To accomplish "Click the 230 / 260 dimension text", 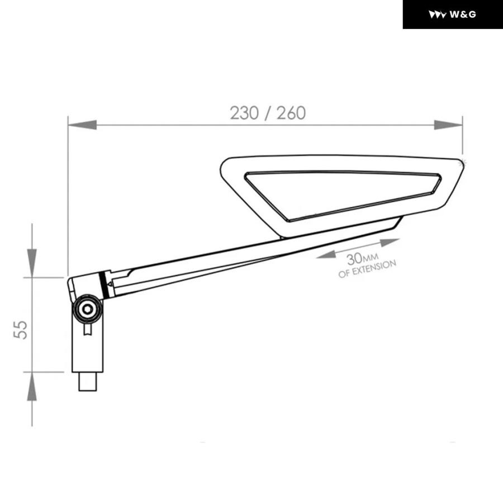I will point(268,113).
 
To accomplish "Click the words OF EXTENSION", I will point(367,269).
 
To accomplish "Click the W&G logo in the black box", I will point(452,15).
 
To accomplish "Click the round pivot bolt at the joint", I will point(87,309).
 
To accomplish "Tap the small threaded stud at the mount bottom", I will point(88,382).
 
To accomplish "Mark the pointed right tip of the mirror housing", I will point(463,163).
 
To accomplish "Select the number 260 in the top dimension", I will point(291,113).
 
